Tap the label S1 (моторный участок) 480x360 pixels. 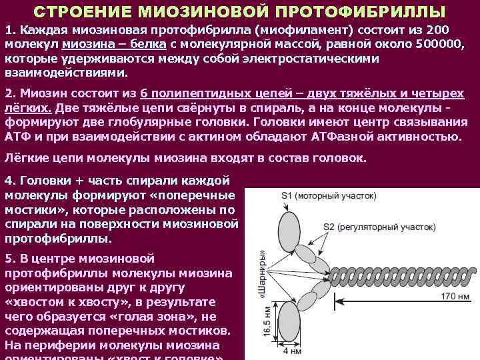[x=329, y=196]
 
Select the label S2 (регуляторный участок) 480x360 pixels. [x=379, y=227]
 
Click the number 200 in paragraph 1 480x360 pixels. [x=437, y=31]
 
